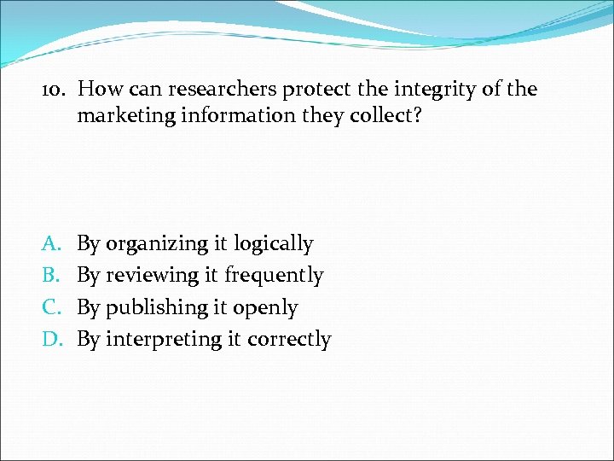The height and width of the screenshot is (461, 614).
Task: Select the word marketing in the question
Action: point(125,115)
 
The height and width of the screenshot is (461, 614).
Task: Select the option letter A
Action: point(49,243)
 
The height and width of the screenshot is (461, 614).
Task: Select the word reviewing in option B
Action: point(154,276)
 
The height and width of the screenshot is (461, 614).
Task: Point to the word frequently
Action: point(275,276)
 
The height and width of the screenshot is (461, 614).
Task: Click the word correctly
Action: point(289,340)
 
